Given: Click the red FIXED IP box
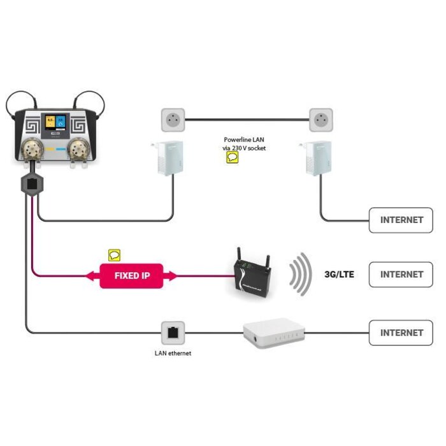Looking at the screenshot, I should [131, 275].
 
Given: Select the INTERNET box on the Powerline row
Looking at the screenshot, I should [401, 220].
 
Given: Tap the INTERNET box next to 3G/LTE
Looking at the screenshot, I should [401, 275].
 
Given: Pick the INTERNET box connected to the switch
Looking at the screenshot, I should [401, 333].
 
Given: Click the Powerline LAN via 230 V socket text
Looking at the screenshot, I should [245, 143].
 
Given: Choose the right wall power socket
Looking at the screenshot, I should [322, 119].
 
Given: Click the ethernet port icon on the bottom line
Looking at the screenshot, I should [172, 332].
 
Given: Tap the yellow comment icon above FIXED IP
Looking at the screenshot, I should [114, 255].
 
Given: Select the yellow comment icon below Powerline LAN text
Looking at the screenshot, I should [233, 158].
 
